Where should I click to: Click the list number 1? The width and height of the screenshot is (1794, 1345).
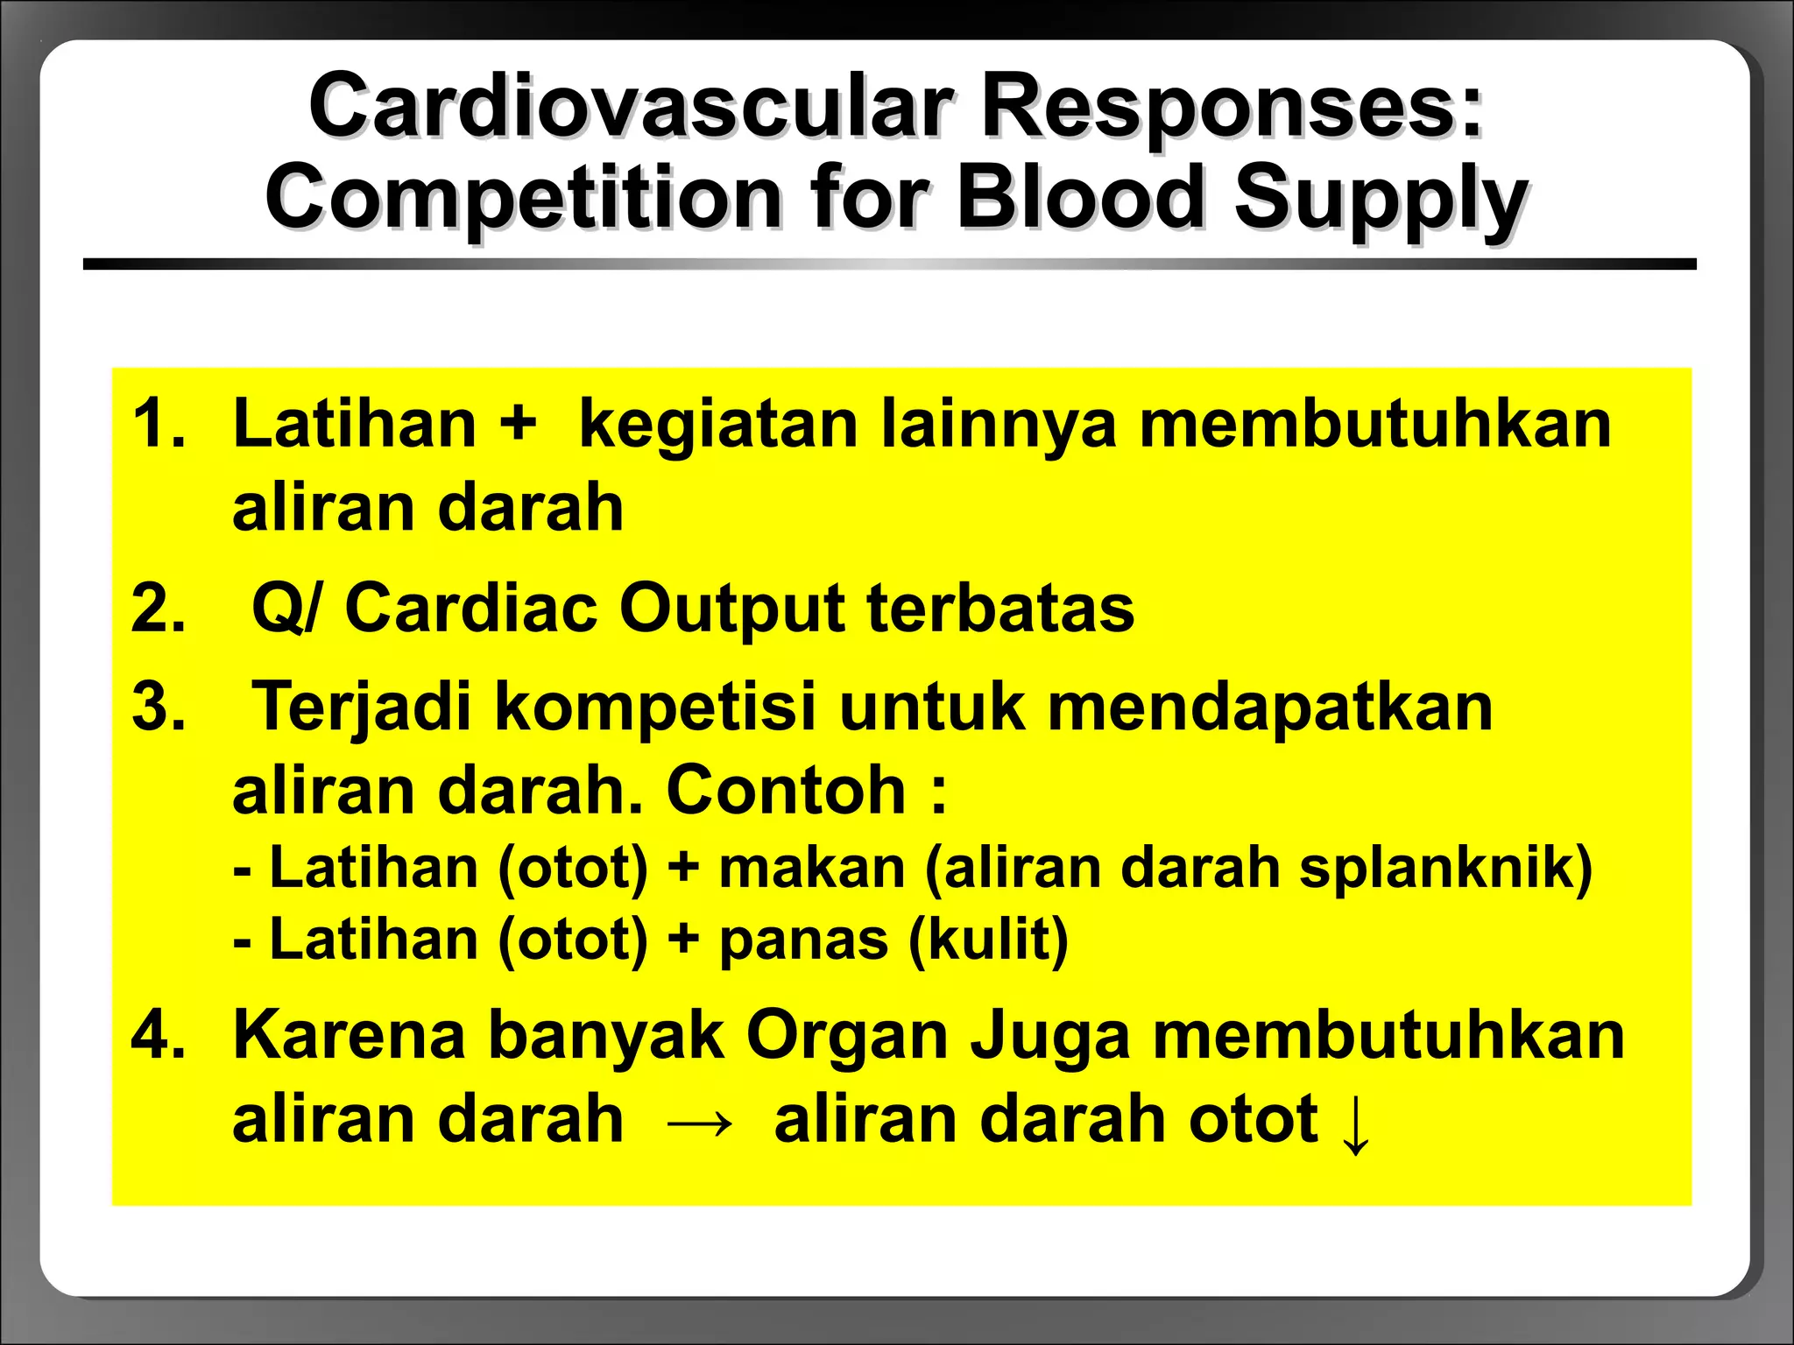point(158,424)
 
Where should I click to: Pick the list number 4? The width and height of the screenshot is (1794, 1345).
point(158,1035)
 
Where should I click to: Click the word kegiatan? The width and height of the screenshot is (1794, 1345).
point(718,424)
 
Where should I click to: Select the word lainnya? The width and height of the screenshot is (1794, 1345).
point(999,424)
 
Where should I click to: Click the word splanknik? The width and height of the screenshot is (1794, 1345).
point(1445,869)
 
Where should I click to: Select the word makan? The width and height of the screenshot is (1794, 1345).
point(811,869)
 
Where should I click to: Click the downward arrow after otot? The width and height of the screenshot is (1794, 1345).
point(1354,1124)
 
